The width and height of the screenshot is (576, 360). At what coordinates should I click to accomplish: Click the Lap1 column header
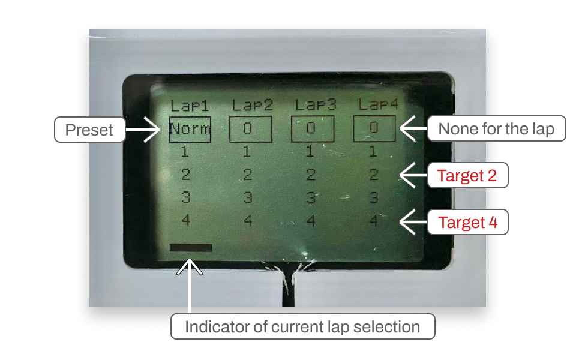(190, 106)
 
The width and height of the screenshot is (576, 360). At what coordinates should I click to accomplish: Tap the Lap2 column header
(252, 106)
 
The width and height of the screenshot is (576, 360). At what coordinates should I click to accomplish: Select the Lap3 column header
(315, 106)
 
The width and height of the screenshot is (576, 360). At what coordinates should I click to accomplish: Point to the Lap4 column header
(378, 106)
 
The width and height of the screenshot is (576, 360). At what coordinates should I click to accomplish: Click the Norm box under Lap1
(190, 128)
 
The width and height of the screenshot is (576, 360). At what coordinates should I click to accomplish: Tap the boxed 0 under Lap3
(312, 128)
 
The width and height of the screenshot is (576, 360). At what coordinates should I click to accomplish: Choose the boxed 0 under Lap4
(374, 128)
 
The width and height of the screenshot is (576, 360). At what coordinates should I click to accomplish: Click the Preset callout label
(89, 130)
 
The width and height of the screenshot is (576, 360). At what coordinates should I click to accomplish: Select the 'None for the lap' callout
(496, 128)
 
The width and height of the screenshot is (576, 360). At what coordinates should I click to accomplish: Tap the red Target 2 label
(467, 176)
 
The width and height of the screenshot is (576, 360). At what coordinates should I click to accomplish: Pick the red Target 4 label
(467, 223)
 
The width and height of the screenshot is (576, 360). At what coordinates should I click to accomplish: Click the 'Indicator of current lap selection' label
(302, 327)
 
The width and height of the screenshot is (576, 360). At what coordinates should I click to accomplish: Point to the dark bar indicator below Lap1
(191, 247)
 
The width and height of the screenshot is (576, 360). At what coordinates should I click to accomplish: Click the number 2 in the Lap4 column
(373, 175)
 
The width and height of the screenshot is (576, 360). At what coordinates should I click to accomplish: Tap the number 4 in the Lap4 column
(373, 221)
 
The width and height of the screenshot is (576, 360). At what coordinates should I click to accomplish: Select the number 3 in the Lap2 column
(247, 197)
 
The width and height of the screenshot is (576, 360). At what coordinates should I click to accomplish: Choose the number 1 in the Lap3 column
(310, 152)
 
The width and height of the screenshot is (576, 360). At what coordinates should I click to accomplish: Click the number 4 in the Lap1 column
(185, 221)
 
